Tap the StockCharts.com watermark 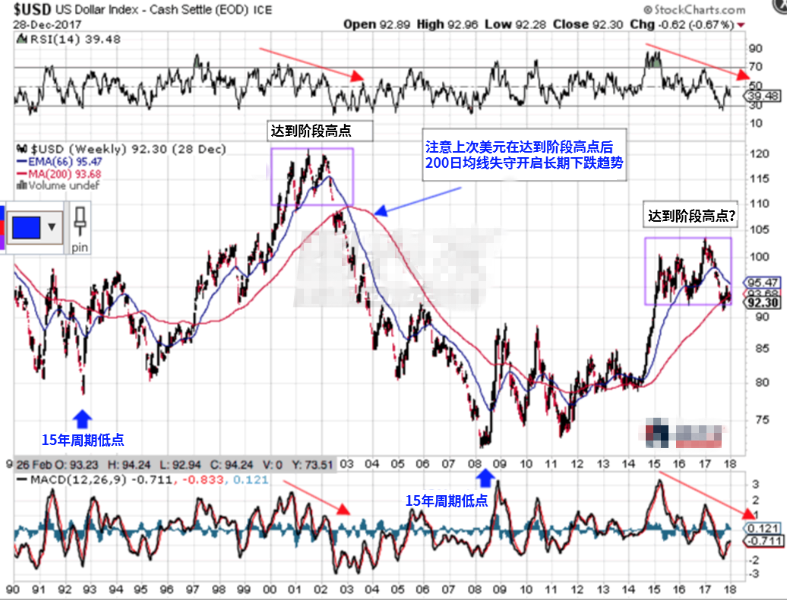[694, 10]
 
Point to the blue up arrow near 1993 [83, 417]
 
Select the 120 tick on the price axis [755, 154]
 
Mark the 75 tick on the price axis [755, 418]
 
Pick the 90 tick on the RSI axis [755, 48]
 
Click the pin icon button [80, 227]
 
